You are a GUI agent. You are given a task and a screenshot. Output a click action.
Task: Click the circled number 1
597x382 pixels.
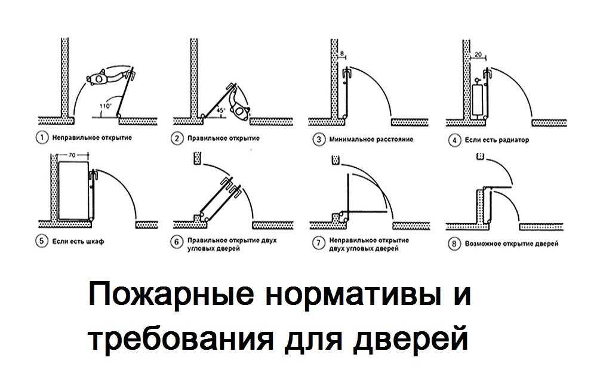[41, 138]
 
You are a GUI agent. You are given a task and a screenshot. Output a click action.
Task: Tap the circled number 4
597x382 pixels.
[454, 140]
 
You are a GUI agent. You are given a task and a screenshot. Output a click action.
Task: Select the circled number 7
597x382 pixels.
[319, 244]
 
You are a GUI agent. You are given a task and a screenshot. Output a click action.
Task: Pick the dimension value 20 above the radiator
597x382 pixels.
[477, 54]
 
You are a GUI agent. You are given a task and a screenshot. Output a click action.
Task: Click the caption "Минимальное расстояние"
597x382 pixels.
[371, 140]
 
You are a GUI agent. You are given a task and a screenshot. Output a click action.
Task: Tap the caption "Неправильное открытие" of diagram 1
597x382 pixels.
[91, 138]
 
